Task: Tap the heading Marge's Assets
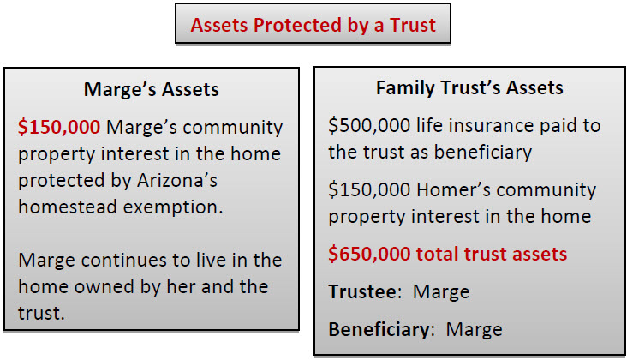click(x=152, y=89)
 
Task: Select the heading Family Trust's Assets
click(x=469, y=88)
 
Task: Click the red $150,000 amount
click(x=59, y=127)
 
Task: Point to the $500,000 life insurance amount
click(x=369, y=126)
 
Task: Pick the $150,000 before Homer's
click(x=369, y=189)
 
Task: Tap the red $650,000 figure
click(x=369, y=254)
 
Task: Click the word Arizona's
click(x=177, y=180)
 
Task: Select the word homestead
click(x=68, y=207)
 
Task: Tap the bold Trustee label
click(x=365, y=291)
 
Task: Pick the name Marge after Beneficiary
click(x=475, y=331)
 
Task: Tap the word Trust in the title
click(x=413, y=25)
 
